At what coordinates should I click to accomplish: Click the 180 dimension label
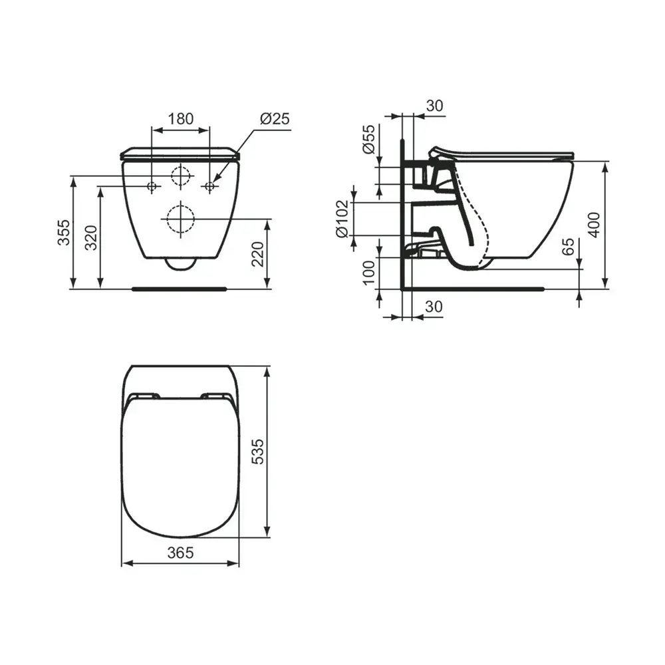(x=181, y=119)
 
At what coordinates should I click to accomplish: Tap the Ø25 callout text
(x=275, y=119)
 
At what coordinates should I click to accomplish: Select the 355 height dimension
(x=64, y=232)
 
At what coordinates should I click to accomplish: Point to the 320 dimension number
(x=91, y=238)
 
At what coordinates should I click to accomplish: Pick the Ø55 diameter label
(x=368, y=139)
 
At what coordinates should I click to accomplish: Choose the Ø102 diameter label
(x=342, y=219)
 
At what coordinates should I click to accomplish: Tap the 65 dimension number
(x=568, y=247)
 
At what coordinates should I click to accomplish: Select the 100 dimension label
(x=369, y=273)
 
